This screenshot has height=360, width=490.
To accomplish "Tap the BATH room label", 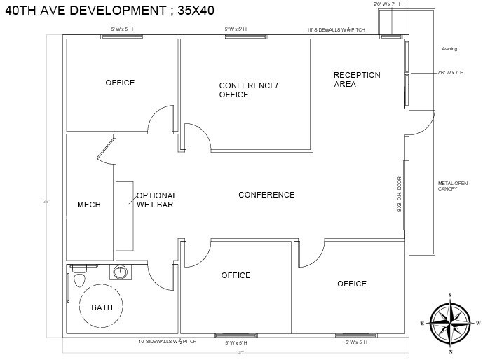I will point(102,307).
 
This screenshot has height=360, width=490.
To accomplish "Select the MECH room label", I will point(89,205).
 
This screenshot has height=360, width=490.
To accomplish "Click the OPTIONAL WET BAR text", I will point(156,200).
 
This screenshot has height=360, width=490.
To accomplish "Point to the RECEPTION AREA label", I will point(356,79).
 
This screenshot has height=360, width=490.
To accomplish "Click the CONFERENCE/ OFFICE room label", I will point(248,90).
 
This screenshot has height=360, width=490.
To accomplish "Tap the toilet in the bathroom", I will point(79,277).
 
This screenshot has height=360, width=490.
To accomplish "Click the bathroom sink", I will point(121,272).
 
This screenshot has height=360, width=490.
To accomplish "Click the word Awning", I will point(449,49).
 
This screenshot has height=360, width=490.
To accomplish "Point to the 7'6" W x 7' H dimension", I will point(452,72).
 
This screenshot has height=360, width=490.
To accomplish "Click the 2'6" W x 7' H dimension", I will point(386,4).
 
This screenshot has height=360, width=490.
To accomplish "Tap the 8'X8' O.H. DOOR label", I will point(398,195).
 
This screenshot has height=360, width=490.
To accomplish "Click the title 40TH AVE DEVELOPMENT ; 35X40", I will point(109,11).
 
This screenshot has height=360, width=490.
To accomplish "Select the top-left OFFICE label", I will point(120,83).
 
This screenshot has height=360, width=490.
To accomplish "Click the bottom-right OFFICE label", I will point(351,284).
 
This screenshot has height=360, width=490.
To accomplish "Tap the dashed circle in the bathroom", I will point(101,307).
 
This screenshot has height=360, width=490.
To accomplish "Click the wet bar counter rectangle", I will point(124,216).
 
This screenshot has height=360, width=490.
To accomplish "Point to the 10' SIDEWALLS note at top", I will point(336,30).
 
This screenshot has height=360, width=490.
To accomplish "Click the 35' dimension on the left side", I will point(46,202).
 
